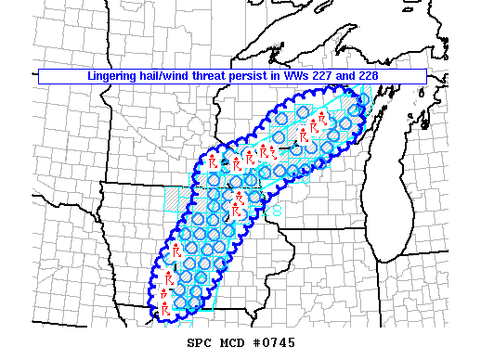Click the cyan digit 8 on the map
[x=279, y=212]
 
